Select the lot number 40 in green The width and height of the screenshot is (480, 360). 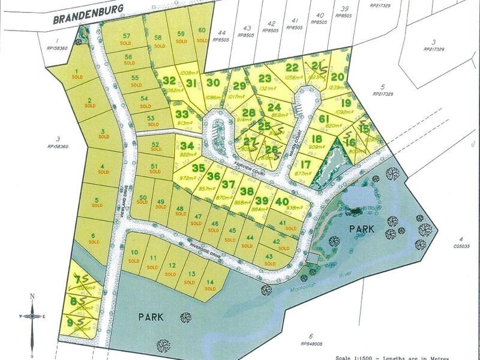tap(282, 202)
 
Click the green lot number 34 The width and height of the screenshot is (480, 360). tap(187, 146)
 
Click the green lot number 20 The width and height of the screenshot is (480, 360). tap(337, 76)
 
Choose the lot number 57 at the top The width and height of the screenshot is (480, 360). tap(126, 37)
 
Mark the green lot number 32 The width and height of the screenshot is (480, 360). tap(170, 80)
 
